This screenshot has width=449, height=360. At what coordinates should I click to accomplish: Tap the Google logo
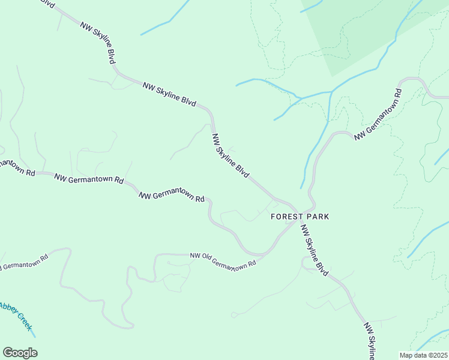point(20,352)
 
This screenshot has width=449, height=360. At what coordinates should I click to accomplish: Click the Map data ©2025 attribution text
point(423,355)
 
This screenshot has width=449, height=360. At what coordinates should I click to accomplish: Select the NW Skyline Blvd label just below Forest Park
point(315,250)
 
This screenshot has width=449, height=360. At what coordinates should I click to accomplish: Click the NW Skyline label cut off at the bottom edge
point(372,342)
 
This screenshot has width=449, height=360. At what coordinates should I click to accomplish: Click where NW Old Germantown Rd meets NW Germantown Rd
point(264,254)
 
